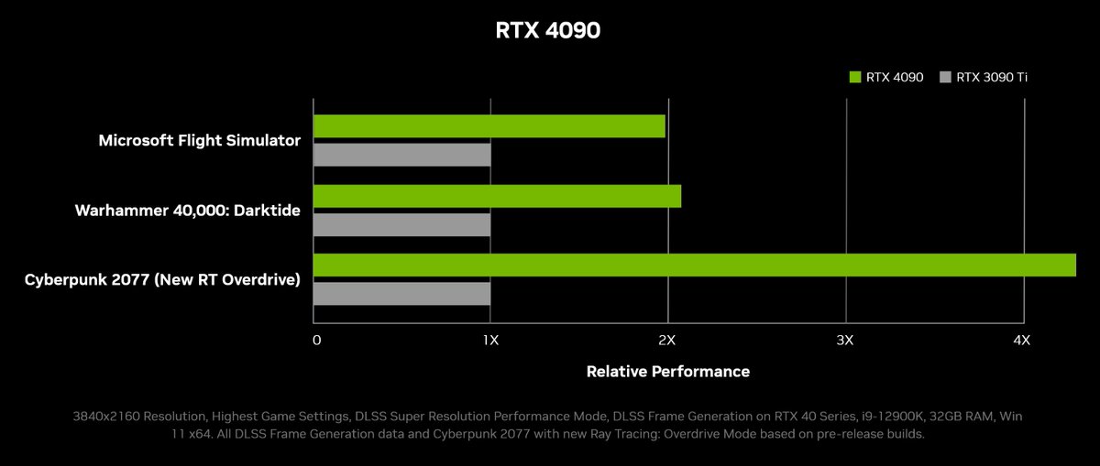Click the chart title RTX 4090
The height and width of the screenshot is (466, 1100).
coord(548,30)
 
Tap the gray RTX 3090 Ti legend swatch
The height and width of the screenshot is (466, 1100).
coord(945,78)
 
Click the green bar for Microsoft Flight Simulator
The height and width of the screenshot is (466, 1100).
coord(489,126)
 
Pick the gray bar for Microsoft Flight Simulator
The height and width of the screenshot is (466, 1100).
coord(401,155)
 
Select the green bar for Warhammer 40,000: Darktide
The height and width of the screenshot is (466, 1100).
coord(497,196)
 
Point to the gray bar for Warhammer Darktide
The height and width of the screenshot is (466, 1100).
coord(401,224)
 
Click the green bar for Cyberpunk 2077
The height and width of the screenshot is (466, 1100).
coord(694,265)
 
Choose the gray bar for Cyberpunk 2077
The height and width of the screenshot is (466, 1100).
coord(401,294)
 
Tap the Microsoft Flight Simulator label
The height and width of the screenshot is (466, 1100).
coord(200,141)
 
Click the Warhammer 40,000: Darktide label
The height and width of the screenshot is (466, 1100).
coord(187,211)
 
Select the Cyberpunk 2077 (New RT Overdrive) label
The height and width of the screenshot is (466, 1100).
coord(162,279)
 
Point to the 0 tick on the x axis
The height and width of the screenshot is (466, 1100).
coord(316,341)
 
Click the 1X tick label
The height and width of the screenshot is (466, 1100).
coord(490,341)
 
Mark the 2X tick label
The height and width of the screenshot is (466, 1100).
coord(667,341)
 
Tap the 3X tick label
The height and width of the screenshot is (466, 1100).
coord(845,341)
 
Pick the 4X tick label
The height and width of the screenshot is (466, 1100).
coord(1022,341)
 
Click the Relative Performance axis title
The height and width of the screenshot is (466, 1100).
coord(667,372)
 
